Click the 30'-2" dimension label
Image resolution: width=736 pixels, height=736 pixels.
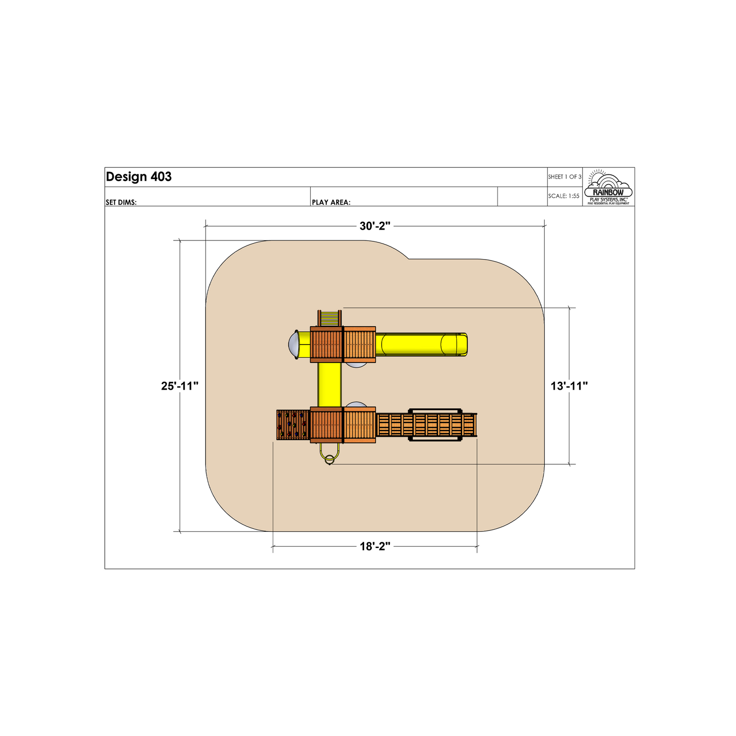click(x=375, y=226)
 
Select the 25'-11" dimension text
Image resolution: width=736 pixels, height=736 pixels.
click(x=180, y=386)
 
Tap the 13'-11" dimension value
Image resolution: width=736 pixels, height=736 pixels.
click(x=569, y=386)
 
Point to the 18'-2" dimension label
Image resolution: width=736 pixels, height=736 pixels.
click(x=375, y=546)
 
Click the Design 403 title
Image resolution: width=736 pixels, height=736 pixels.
click(x=139, y=177)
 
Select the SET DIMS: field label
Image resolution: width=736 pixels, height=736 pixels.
click(x=121, y=202)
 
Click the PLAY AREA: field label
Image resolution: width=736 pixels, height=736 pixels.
click(x=331, y=202)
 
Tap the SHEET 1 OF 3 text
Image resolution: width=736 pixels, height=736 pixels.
click(x=565, y=177)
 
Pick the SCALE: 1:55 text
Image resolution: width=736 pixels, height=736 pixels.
click(x=564, y=196)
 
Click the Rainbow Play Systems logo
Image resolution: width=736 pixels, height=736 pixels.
click(x=608, y=187)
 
